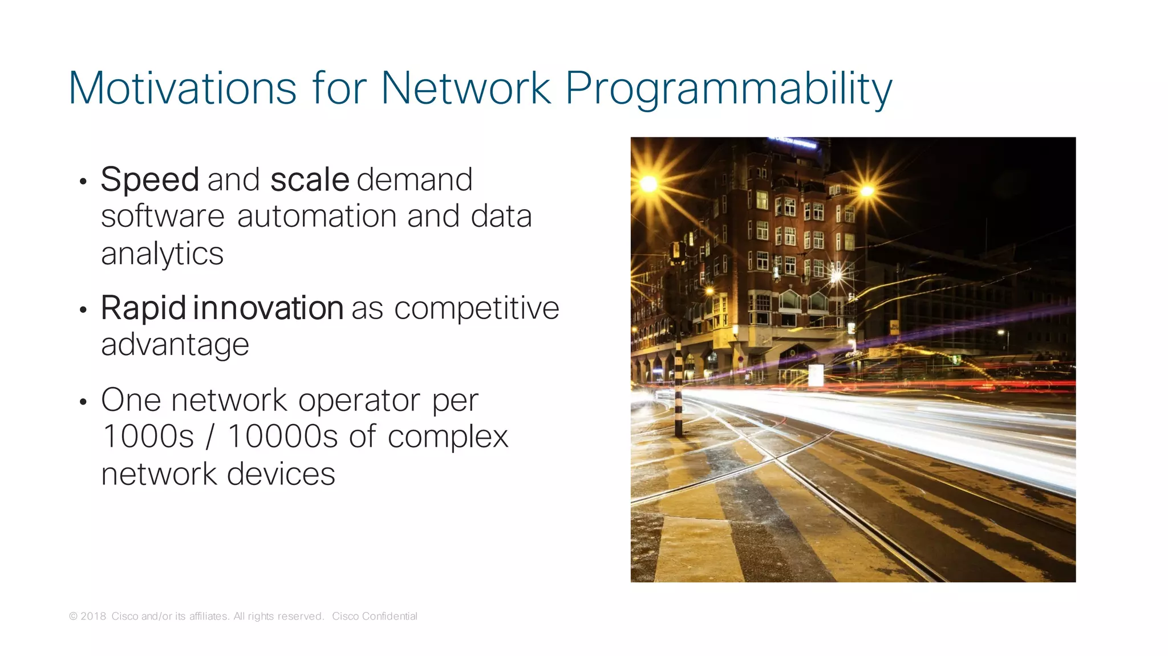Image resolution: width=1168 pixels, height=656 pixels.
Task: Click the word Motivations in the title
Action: tap(182, 88)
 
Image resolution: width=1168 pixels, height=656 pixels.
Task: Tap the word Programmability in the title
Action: tap(728, 88)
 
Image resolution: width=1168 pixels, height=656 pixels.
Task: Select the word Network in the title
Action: tap(465, 88)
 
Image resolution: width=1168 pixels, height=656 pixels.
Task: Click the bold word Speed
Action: tap(149, 180)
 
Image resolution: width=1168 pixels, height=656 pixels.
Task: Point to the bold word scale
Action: tap(309, 180)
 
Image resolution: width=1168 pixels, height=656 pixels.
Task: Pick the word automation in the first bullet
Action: tap(317, 217)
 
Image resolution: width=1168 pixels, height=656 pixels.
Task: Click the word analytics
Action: tap(162, 254)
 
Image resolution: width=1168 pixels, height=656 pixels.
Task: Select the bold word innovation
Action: tap(268, 308)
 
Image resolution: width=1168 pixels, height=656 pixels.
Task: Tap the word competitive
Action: tap(476, 308)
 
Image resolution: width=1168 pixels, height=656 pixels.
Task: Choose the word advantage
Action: tap(175, 345)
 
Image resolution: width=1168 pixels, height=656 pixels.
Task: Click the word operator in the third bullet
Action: tap(359, 400)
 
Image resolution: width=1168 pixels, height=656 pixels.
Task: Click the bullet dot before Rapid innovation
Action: tap(83, 310)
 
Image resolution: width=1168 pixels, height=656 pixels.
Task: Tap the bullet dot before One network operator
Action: tap(83, 402)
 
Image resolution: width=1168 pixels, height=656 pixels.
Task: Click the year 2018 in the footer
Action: tap(93, 616)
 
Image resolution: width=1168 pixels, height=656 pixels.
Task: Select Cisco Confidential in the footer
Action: tap(374, 616)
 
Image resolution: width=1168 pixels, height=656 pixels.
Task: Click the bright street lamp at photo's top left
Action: tap(648, 184)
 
